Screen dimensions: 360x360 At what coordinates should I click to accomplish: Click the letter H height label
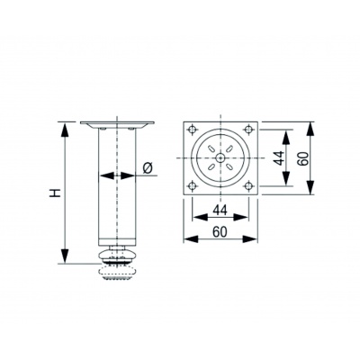point(55,193)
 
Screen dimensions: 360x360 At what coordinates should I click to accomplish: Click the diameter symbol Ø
point(148,168)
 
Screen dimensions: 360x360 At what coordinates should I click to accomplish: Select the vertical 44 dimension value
point(279,158)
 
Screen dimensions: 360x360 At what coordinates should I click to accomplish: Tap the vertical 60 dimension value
point(303,158)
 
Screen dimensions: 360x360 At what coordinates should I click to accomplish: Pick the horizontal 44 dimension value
point(220,211)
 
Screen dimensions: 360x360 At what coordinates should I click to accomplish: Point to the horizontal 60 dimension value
point(220,232)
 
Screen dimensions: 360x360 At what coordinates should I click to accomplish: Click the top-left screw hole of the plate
point(193,130)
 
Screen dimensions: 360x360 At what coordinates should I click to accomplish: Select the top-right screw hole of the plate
point(248,130)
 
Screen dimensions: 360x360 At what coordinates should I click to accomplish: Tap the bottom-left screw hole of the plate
point(193,186)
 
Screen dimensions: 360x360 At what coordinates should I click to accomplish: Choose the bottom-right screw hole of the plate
point(248,186)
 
